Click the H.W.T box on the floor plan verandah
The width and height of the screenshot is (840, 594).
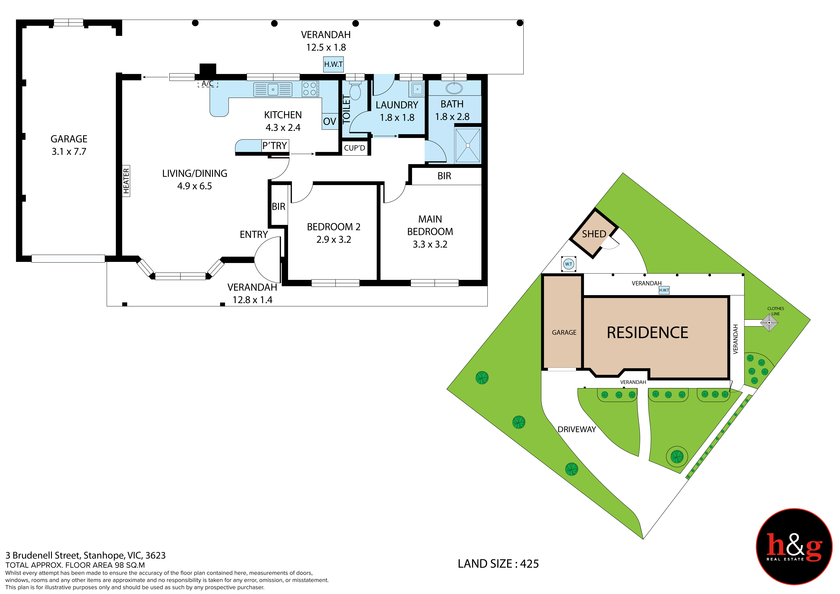point(333,64)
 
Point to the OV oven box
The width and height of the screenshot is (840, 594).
point(330,121)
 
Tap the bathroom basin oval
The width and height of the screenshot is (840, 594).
point(454,88)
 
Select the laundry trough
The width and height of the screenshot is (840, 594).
point(417,89)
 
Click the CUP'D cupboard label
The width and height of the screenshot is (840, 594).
point(355,148)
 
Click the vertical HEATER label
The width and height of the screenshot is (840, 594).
point(126,181)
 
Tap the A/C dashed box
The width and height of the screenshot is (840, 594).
point(208,84)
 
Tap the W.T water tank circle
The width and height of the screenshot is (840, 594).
point(569,264)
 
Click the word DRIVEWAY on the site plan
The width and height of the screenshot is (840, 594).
point(577,429)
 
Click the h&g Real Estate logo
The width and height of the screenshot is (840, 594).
point(794,547)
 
